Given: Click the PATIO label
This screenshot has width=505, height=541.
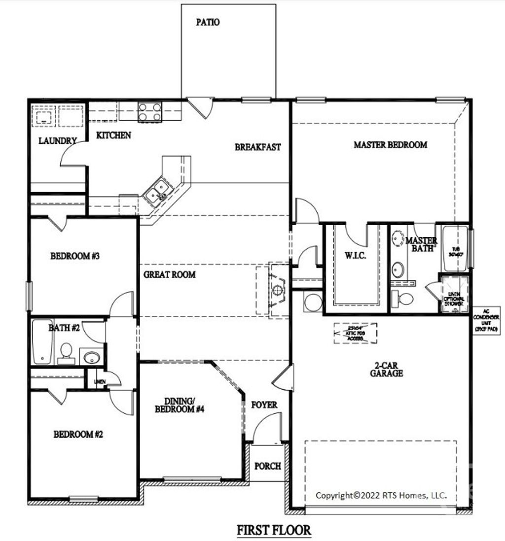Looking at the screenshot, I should point(208,22).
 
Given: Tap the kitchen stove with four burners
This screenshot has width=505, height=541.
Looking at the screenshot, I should point(150,111).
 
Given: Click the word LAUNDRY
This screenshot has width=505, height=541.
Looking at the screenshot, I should point(58,141).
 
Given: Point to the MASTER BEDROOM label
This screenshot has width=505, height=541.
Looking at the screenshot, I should point(390,145).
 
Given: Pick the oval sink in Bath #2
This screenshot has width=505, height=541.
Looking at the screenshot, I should point(91,357).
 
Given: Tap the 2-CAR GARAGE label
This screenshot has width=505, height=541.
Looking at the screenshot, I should point(386,370).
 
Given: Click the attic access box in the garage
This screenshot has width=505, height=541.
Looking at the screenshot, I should point(355,333).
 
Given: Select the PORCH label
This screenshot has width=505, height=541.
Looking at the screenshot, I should point(268,466).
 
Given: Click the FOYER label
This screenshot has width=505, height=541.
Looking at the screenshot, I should point(264,405).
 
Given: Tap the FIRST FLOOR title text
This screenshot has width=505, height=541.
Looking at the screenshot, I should point(274,530).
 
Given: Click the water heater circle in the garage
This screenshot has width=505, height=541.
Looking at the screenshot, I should point(312,303).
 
